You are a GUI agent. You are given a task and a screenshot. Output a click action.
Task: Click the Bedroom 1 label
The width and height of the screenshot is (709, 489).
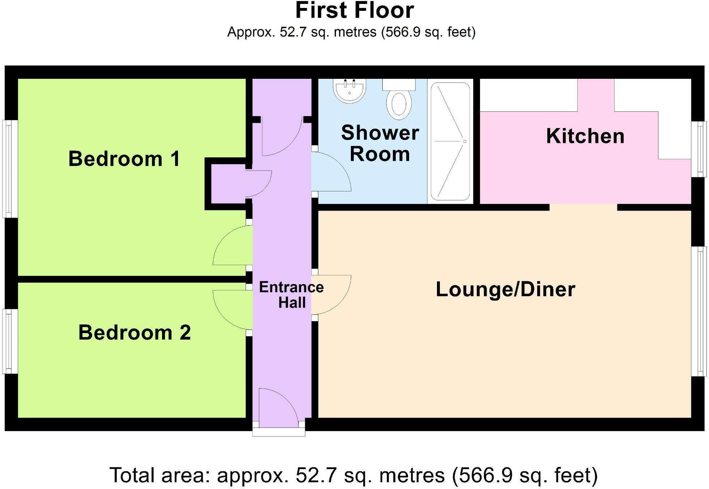[124, 159]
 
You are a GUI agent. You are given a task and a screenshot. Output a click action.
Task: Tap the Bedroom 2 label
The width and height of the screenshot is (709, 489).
[134, 333]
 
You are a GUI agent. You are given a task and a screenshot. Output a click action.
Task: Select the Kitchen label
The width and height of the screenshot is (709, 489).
[585, 136]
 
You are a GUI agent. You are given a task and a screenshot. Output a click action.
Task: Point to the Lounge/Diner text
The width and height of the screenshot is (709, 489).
[505, 290]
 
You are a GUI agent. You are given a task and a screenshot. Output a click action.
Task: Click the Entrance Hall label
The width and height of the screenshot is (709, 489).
[291, 295]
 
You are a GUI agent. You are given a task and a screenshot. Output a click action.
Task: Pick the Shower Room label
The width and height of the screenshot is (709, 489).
[380, 143]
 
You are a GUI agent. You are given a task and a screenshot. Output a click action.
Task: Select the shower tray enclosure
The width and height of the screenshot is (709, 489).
[450, 141]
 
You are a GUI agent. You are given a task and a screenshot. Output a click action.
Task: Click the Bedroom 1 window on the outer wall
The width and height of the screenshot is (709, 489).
[10, 169]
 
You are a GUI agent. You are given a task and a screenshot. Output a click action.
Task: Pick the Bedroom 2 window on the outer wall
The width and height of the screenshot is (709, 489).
[10, 341]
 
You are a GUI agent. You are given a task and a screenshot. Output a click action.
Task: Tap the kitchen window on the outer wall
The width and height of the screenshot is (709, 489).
[699, 149]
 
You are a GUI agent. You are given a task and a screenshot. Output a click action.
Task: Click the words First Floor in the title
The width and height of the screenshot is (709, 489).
[354, 11]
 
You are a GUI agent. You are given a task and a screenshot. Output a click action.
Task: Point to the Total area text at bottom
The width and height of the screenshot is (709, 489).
[354, 475]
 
